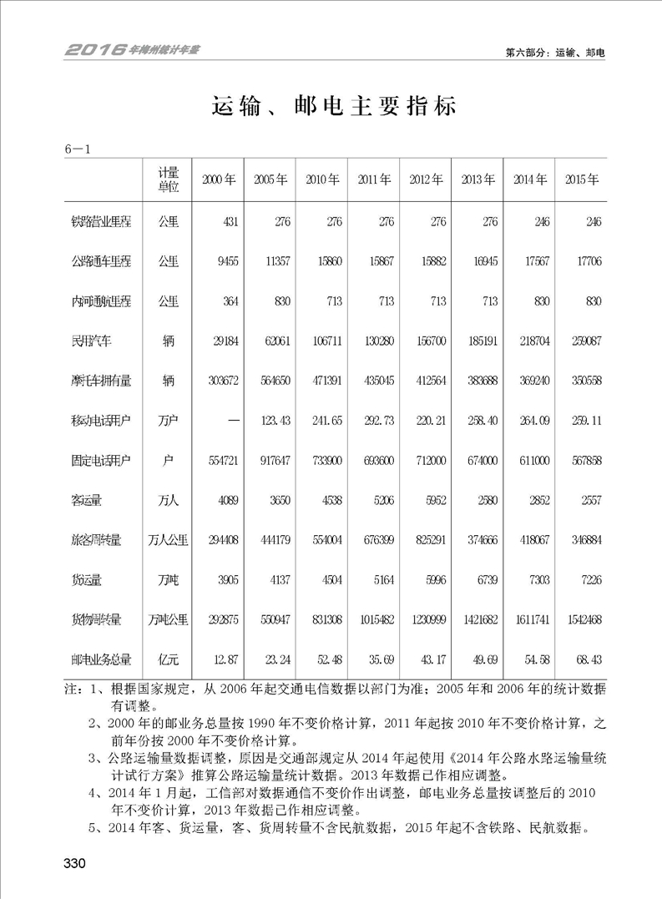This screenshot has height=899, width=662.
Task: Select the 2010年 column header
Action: [321, 180]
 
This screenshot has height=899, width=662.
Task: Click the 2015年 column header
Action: [581, 180]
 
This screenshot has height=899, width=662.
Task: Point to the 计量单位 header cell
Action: [169, 180]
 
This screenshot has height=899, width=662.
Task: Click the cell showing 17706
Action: [587, 262]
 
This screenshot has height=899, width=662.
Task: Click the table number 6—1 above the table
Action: [77, 149]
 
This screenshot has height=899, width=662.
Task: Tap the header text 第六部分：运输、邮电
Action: [555, 52]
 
